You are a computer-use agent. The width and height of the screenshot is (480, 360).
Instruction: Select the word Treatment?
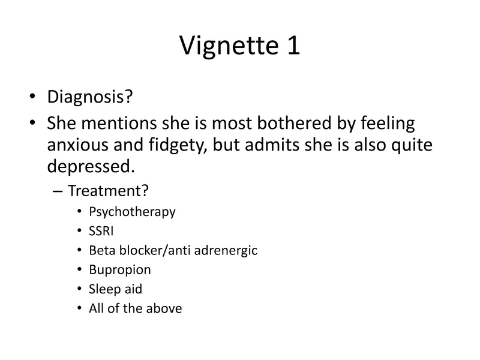coord(109,191)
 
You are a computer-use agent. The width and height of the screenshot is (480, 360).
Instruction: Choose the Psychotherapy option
coord(132,212)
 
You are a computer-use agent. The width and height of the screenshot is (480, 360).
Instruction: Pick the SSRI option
coord(101,231)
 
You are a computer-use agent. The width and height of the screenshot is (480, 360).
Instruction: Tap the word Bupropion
coord(119,269)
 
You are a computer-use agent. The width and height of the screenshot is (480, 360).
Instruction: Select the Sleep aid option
coord(115,289)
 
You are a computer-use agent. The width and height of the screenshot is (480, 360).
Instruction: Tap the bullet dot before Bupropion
coord(80,270)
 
